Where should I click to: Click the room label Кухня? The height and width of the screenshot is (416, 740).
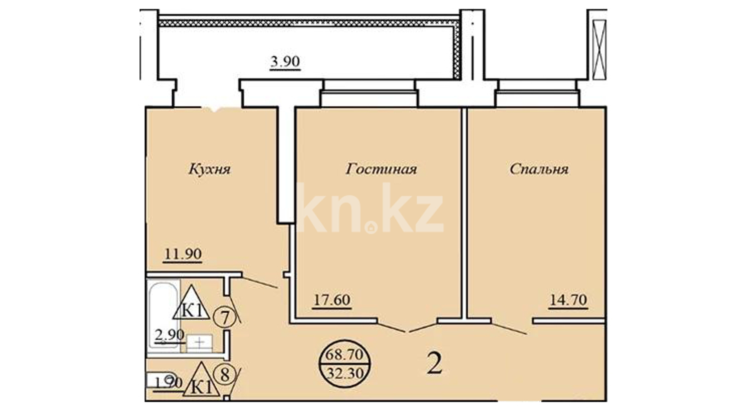(210, 169)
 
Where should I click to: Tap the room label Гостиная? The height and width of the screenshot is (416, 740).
(381, 169)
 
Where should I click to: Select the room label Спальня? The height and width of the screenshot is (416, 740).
(539, 169)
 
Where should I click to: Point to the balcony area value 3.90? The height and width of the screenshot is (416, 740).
(285, 62)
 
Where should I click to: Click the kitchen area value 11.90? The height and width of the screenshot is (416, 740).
(183, 254)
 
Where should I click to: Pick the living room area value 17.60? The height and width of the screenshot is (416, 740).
(332, 300)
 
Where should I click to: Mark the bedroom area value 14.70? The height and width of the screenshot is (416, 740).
(568, 300)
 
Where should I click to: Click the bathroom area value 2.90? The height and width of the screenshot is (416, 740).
(170, 335)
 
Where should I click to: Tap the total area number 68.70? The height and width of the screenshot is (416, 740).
(344, 354)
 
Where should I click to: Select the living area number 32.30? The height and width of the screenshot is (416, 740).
(345, 373)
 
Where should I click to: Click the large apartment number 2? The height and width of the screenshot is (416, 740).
(434, 364)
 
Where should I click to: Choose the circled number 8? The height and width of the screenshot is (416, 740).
(225, 375)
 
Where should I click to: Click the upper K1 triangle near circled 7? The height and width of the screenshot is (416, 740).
(192, 303)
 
